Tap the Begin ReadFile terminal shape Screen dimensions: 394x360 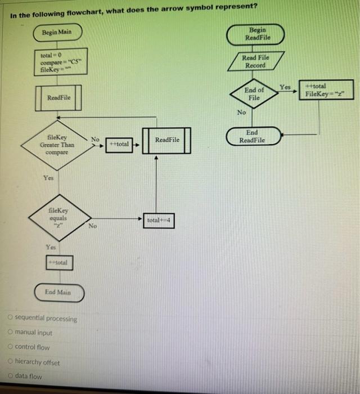[256, 34]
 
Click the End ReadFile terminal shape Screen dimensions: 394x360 [253, 136]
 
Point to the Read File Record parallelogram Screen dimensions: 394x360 [255, 61]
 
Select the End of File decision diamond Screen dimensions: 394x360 [254, 93]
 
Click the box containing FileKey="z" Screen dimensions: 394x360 [319, 90]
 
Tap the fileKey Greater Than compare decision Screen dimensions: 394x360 [57, 144]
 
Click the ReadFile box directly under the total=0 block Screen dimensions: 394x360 [58, 97]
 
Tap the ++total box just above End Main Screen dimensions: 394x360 [58, 262]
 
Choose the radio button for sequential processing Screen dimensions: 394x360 [11, 319]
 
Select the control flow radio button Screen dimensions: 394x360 [11, 347]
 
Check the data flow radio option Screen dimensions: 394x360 [11, 376]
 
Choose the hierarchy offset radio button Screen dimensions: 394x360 [11, 361]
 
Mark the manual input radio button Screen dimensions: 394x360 [11, 333]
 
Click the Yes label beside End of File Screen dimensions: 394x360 [286, 87]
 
